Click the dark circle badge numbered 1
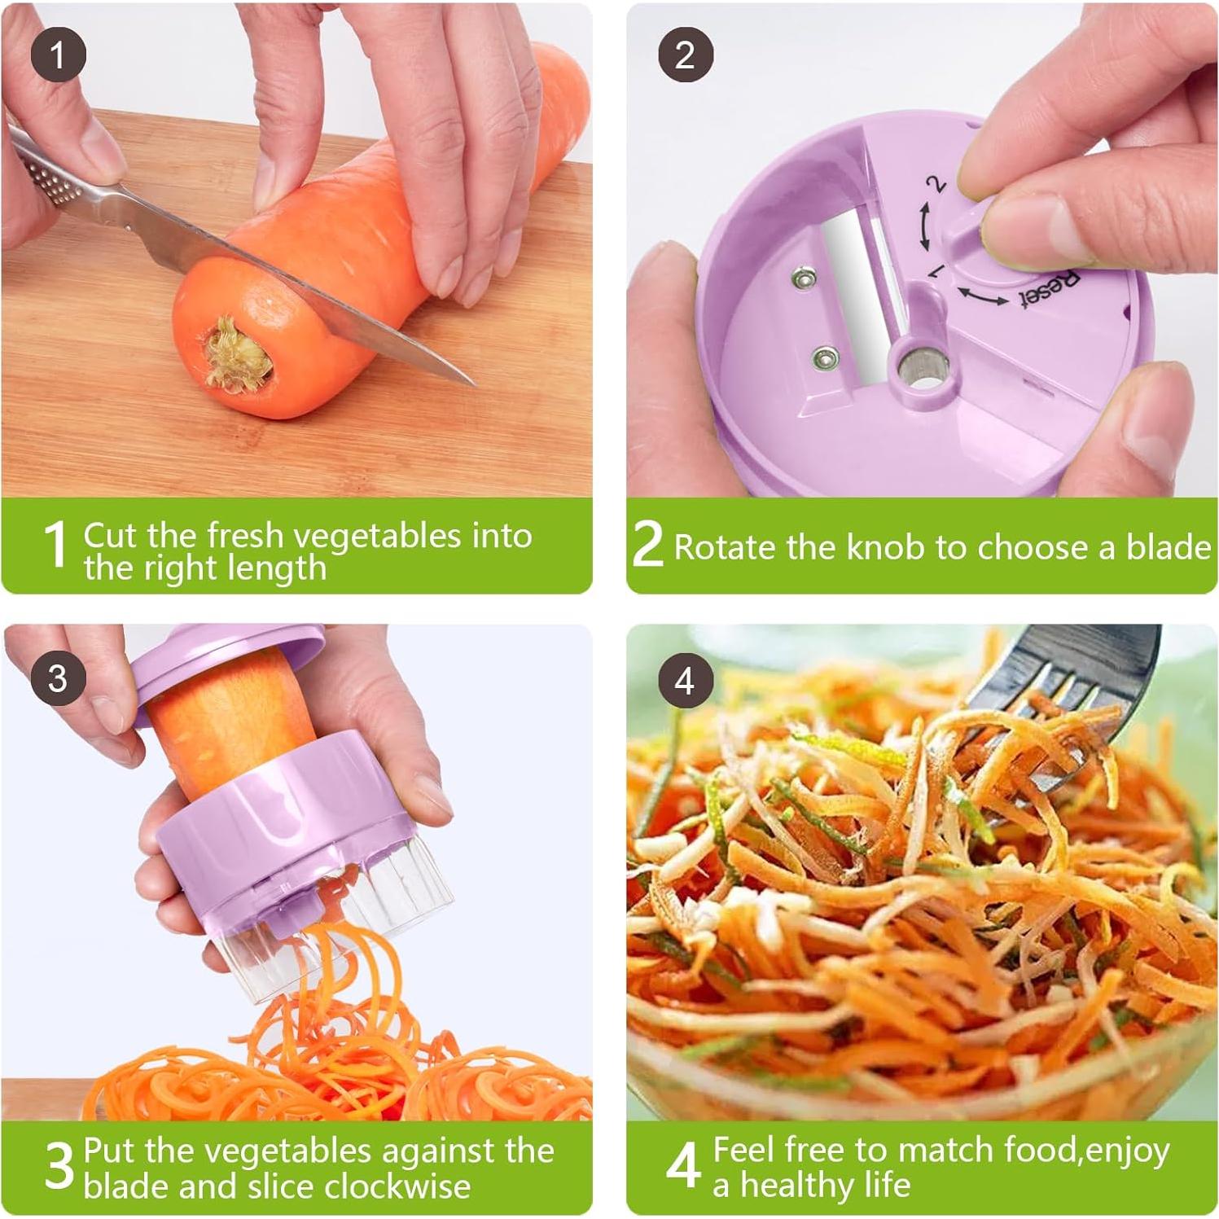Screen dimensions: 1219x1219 58,55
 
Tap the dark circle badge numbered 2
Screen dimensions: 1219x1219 685,55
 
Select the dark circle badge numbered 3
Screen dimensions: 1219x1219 58,678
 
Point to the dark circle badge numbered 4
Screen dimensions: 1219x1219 685,680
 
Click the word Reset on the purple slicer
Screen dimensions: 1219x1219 1050,290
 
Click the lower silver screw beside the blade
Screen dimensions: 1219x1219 826,357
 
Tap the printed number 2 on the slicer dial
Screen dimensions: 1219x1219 937,184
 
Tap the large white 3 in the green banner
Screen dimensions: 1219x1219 59,1166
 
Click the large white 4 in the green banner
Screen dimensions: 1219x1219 682,1166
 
